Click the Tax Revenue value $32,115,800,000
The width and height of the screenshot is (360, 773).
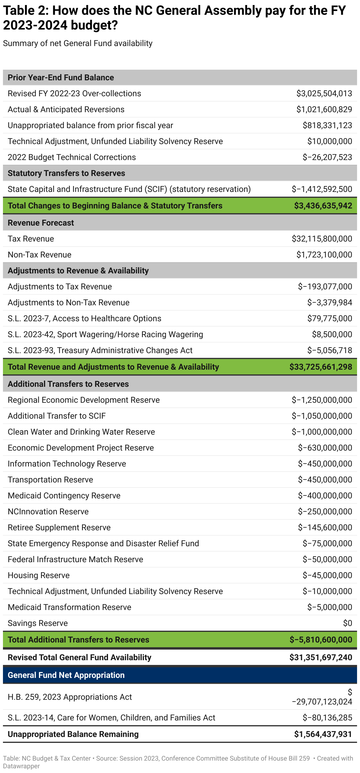pos(322,239)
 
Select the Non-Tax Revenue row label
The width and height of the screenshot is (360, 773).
pos(40,255)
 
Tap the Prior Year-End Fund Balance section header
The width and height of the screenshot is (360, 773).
pos(60,77)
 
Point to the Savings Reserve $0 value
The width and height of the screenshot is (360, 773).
pos(347,623)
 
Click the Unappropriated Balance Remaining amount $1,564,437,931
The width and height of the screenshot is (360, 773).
pos(323,734)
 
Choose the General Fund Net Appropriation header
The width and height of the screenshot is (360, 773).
pos(66,675)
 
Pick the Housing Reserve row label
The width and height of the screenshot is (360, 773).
pos(39,575)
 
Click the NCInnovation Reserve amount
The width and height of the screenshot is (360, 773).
pos(325,512)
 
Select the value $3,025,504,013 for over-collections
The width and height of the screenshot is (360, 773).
pos(324,94)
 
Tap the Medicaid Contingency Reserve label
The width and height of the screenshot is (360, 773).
pos(64,496)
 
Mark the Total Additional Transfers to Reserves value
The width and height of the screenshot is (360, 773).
pos(320,640)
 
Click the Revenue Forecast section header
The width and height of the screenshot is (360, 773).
pos(41,223)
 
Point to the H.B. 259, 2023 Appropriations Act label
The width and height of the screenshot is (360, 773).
pos(70,697)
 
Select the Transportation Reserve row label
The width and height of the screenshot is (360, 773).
pos(50,480)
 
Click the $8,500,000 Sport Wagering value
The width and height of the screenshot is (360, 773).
pos(332,335)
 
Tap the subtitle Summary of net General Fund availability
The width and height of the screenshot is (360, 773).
pos(78,43)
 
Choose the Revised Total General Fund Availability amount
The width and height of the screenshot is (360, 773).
pos(320,658)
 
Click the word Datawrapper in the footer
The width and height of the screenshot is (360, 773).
pos(21,766)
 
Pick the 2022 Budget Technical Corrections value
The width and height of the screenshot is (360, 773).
pos(327,157)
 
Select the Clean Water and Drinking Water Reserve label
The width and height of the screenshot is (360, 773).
pos(81,432)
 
